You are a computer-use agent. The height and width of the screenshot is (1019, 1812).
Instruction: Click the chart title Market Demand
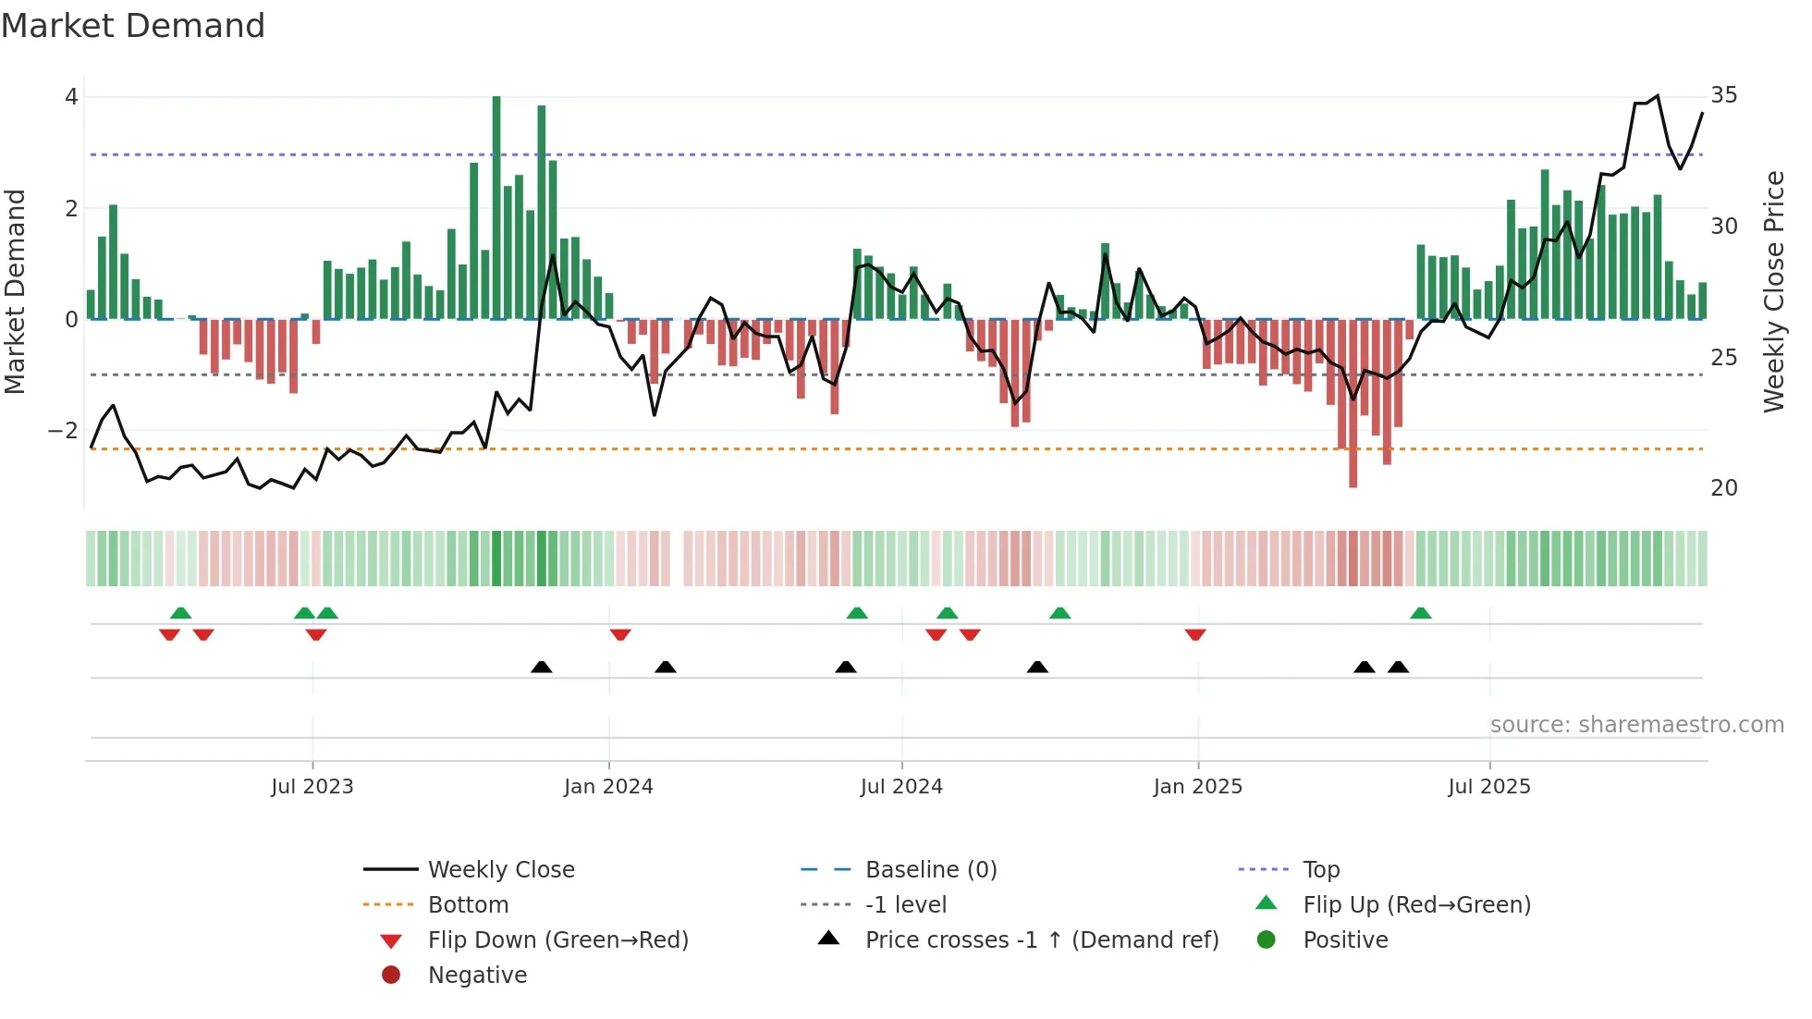click(133, 26)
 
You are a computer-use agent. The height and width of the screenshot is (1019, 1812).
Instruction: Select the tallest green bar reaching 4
click(496, 207)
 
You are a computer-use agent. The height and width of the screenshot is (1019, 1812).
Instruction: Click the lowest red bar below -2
click(1353, 403)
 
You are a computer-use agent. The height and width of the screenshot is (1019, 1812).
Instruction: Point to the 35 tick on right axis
click(1723, 95)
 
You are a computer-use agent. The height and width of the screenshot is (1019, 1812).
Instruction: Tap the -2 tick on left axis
click(63, 431)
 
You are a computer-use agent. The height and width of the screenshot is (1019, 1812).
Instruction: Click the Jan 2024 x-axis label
click(608, 787)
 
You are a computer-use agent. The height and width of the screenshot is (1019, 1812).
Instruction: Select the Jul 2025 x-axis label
click(1488, 787)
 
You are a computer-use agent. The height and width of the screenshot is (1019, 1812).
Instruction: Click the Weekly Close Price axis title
click(1773, 291)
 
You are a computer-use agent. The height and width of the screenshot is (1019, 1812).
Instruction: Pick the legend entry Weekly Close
click(500, 870)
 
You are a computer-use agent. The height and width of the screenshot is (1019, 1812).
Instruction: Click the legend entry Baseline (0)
click(930, 870)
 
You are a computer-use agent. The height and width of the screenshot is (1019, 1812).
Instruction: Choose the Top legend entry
click(1320, 870)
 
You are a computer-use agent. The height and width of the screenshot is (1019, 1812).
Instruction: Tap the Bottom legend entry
click(468, 905)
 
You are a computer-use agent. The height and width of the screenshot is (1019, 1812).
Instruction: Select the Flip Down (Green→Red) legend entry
click(557, 940)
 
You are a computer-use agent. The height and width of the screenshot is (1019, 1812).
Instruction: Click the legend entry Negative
click(477, 976)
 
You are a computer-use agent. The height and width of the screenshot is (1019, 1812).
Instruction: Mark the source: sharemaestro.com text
click(1636, 725)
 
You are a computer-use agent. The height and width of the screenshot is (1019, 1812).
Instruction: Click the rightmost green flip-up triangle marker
click(1421, 613)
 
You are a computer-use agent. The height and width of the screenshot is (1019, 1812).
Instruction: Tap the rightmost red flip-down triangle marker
click(1195, 635)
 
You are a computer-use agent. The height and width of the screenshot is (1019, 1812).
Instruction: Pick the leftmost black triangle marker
click(542, 667)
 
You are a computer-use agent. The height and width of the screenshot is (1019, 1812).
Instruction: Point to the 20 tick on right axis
click(1723, 488)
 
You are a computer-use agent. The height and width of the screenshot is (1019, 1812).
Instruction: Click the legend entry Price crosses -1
click(1041, 940)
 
